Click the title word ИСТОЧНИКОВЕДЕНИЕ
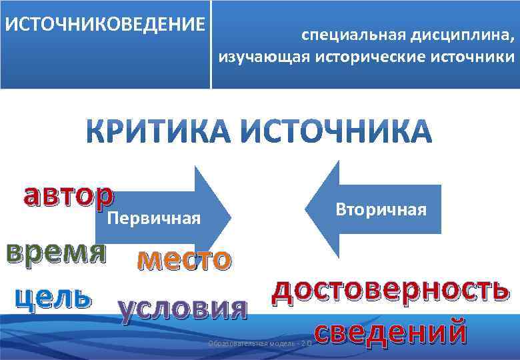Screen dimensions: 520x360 click(105, 25)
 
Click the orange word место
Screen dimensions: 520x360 click(185, 259)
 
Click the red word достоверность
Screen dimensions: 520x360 click(391, 291)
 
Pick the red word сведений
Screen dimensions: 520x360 click(389, 331)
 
